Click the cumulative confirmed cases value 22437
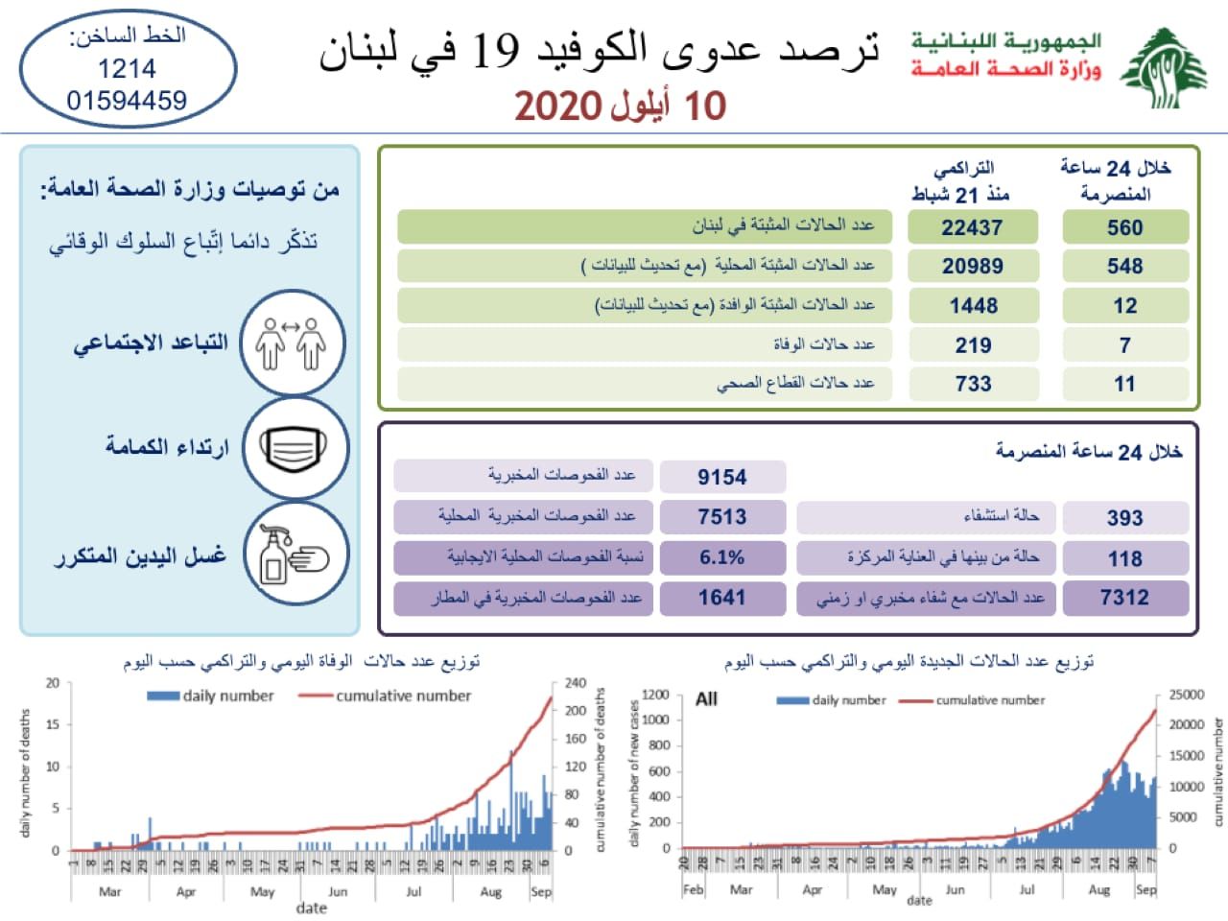coord(972,227)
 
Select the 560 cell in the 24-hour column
coord(1124,227)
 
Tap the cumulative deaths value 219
coord(973,344)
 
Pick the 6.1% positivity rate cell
coord(721,557)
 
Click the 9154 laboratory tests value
coord(721,477)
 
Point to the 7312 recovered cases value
coord(1124,598)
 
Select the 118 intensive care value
coord(1124,558)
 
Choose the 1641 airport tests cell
coord(721,598)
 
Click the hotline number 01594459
coord(127,100)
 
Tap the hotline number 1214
coord(127,69)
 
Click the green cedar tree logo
coord(1164,67)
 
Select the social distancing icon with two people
coord(293,343)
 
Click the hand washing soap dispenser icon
coord(293,555)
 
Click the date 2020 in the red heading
coord(557,106)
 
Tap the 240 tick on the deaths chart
coord(575,683)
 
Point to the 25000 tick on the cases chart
coord(1186,695)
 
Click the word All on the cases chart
coord(706,698)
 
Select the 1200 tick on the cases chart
coord(655,695)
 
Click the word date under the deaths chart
coord(312,908)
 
